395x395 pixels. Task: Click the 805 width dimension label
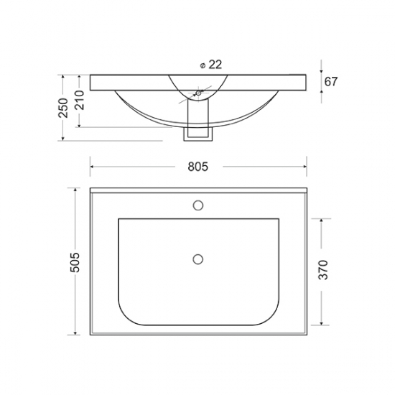click(x=198, y=167)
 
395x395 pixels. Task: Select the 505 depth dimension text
click(x=75, y=262)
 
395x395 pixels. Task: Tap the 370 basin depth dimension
click(x=323, y=270)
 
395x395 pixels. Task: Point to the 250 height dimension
click(x=63, y=108)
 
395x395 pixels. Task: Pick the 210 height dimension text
click(x=79, y=100)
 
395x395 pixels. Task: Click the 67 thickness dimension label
click(x=330, y=82)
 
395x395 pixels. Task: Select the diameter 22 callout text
click(x=211, y=65)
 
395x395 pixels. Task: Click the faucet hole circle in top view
click(x=198, y=205)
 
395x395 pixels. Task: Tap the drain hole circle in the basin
click(x=198, y=259)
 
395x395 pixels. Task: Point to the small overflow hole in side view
click(x=198, y=93)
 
